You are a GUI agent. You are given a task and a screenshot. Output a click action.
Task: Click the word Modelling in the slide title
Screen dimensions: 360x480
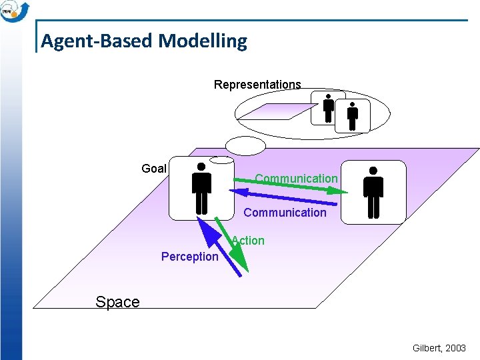[x=203, y=41]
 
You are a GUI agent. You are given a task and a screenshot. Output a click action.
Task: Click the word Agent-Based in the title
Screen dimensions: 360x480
[x=97, y=41]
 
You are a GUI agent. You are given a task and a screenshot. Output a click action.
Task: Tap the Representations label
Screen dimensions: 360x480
[x=257, y=85]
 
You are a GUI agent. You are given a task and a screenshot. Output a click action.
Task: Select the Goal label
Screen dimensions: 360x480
[x=154, y=169]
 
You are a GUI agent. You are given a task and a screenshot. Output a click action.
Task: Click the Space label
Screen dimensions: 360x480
[x=117, y=302]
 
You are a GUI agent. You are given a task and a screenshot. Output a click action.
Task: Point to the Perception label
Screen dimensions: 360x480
[x=190, y=257]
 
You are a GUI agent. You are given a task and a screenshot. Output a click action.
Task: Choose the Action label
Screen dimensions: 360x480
[x=249, y=241]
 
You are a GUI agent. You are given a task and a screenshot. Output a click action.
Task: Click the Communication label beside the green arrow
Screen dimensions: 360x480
[x=297, y=178]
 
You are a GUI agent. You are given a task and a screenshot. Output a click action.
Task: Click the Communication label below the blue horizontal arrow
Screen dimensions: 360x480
[x=285, y=213]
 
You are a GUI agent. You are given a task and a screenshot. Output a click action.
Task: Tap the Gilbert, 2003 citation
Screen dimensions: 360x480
[x=440, y=349]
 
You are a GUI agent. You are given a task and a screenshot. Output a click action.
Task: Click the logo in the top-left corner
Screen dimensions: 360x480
[x=15, y=11]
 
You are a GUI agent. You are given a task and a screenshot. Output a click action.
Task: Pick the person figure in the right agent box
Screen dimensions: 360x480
[x=373, y=192]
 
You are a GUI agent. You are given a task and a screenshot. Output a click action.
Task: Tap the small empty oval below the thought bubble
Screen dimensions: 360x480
[x=245, y=145]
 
